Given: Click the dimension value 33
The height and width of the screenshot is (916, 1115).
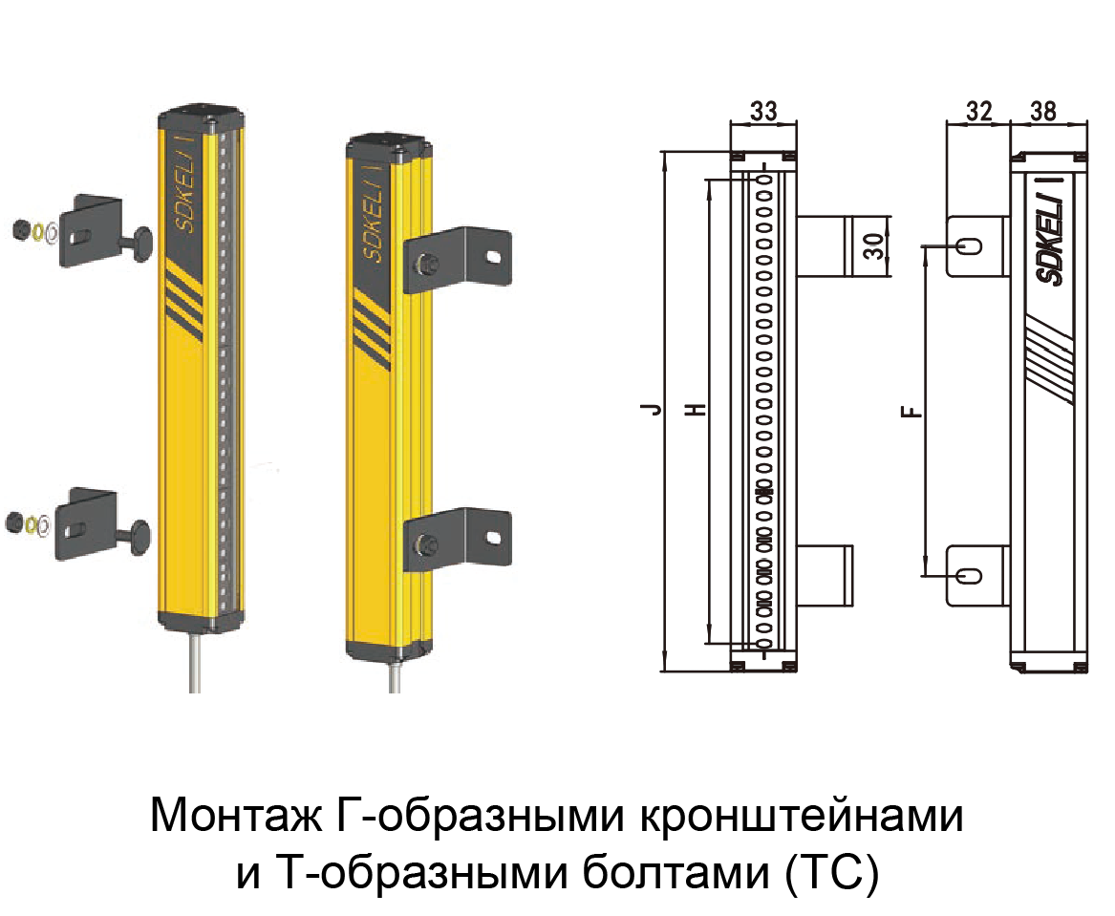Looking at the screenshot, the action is click(x=763, y=111).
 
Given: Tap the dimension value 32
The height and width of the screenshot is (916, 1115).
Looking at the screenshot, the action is click(x=978, y=111).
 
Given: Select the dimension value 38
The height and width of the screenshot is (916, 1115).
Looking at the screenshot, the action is click(x=1043, y=111).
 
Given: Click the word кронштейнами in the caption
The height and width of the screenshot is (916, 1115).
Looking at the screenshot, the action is click(x=802, y=817).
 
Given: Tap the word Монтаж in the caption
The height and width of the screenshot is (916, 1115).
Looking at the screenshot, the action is click(x=236, y=817).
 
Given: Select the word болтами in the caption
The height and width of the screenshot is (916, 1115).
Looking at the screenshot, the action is click(x=676, y=873).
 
